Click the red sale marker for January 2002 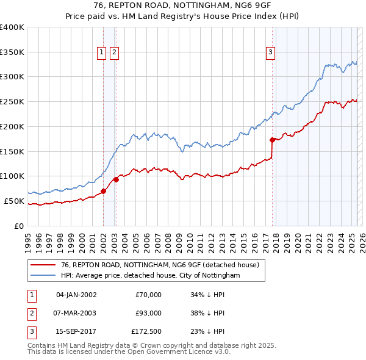[103, 191]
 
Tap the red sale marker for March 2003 [116, 179]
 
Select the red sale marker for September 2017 [272, 139]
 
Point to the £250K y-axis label [12, 101]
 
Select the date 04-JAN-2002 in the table [76, 295]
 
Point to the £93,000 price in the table [148, 313]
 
